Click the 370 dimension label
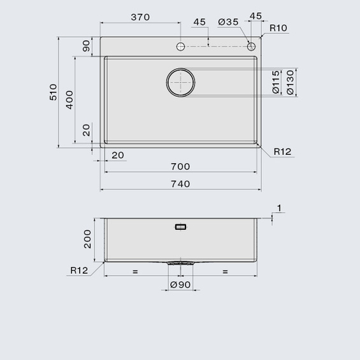click(x=140, y=17)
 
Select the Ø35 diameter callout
click(x=228, y=22)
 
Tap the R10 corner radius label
click(x=278, y=28)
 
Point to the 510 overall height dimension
click(x=53, y=92)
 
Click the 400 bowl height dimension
click(x=69, y=100)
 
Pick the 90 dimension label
click(x=86, y=46)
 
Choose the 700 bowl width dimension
click(x=180, y=166)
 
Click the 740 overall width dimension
click(x=180, y=184)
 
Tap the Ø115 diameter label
click(x=276, y=82)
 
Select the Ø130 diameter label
click(x=290, y=82)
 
